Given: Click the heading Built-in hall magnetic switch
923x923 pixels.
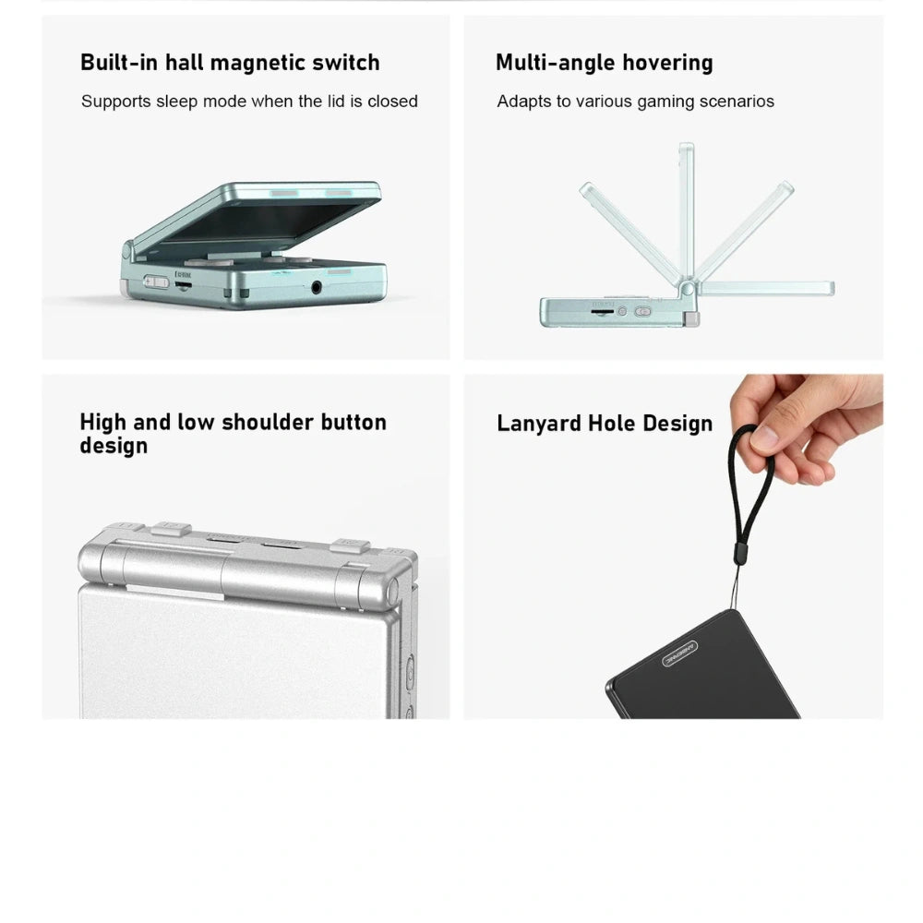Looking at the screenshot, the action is pyautogui.click(x=230, y=63).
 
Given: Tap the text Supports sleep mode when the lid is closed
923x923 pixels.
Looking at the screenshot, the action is pyautogui.click(x=249, y=102).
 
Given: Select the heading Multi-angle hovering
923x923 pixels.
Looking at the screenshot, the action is pyautogui.click(x=605, y=63).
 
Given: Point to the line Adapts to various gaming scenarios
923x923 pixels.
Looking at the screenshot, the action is pyautogui.click(x=636, y=102).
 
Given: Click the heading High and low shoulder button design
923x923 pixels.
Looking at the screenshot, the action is pyautogui.click(x=234, y=433).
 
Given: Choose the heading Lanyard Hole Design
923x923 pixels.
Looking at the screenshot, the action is pyautogui.click(x=605, y=424).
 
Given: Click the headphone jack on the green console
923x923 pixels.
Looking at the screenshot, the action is pyautogui.click(x=316, y=287).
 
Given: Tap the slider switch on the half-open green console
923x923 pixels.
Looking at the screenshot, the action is pyautogui.click(x=156, y=282).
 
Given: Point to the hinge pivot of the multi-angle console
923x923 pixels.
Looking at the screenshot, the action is pyautogui.click(x=687, y=289).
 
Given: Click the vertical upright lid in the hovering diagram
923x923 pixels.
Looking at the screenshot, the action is pyautogui.click(x=687, y=212).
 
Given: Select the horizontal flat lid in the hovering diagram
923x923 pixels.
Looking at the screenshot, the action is pyautogui.click(x=766, y=288).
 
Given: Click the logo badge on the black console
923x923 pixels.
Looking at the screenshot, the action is pyautogui.click(x=680, y=653).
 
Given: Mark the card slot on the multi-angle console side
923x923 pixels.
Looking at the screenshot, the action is pyautogui.click(x=602, y=311).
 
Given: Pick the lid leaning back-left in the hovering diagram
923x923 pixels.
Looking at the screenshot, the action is pyautogui.click(x=629, y=233).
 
